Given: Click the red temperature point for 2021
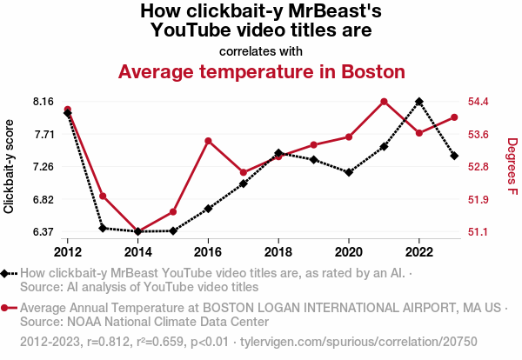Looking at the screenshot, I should click(x=384, y=102).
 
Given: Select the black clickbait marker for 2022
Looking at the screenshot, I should click(x=419, y=101).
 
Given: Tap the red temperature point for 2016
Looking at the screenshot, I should click(x=208, y=140).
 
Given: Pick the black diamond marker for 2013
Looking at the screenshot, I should click(x=103, y=228).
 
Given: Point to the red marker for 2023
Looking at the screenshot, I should click(x=454, y=117).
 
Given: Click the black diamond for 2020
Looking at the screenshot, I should click(x=349, y=172).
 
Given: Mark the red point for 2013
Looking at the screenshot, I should click(x=103, y=196).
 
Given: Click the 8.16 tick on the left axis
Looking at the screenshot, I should click(x=43, y=102).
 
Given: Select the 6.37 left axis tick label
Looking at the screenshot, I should click(x=43, y=232).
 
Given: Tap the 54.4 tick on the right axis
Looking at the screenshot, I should click(x=481, y=102).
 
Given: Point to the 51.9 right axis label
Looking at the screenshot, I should click(x=481, y=200).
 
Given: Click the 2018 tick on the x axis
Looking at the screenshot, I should click(x=278, y=252).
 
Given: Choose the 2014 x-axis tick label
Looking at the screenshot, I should click(x=137, y=252).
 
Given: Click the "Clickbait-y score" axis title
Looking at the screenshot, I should click(x=10, y=166).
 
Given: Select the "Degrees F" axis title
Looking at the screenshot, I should click(x=512, y=166).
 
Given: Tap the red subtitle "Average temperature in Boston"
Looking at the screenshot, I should click(x=261, y=71).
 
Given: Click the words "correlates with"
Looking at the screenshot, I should click(x=261, y=50).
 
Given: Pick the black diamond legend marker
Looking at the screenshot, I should click(x=6, y=273).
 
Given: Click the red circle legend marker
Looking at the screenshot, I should click(x=6, y=308).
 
